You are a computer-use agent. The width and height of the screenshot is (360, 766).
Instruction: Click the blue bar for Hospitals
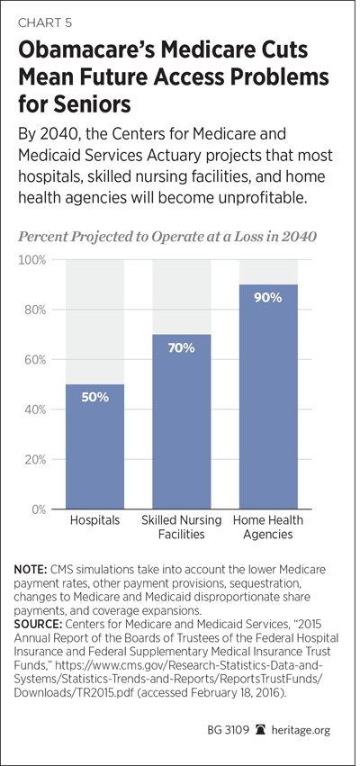click(94, 446)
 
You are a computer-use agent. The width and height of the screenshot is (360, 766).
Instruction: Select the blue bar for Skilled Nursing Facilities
click(181, 421)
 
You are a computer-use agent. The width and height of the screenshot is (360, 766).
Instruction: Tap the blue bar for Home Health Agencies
click(268, 397)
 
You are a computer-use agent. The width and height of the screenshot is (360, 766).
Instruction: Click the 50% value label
click(94, 397)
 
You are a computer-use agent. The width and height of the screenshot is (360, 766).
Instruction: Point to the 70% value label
click(181, 348)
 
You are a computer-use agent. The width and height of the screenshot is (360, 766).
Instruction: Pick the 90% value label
click(268, 298)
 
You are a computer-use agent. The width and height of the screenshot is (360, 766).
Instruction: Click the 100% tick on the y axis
click(32, 260)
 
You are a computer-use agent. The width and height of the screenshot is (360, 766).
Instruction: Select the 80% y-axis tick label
click(35, 310)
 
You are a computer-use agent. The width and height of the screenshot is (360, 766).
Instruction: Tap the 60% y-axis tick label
click(35, 359)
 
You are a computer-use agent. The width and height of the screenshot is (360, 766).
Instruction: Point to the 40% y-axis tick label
click(35, 410)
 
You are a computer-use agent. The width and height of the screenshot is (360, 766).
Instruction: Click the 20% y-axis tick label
click(35, 459)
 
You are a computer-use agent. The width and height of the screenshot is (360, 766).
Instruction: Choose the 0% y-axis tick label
click(38, 509)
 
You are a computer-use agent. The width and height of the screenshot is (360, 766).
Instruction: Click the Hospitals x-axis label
click(94, 519)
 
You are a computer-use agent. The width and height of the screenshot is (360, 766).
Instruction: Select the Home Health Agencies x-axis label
click(268, 527)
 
